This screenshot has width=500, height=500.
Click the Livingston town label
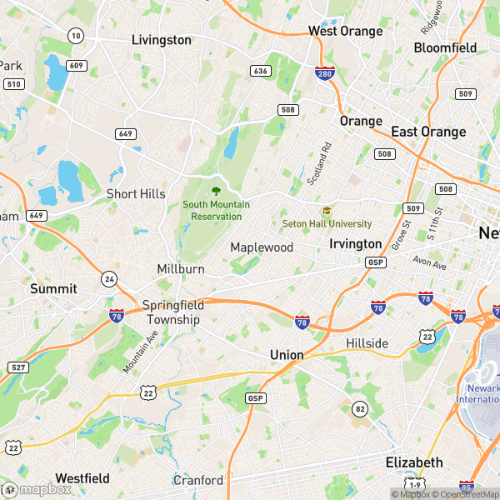[162, 40]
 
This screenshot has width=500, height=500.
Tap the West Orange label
[345, 32]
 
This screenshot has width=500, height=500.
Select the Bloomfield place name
[445, 47]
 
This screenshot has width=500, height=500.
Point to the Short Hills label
[136, 193]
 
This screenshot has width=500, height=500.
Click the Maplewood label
[262, 247]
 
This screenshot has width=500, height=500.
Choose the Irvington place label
[355, 243]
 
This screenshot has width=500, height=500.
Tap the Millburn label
[181, 269]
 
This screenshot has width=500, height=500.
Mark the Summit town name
[53, 288]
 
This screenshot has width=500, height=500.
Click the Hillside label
[367, 343]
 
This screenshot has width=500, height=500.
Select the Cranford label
[198, 480]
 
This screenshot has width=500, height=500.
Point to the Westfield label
[82, 478]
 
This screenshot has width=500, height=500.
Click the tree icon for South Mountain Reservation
[216, 192]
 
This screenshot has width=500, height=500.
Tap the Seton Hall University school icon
[327, 211]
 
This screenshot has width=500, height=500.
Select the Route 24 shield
[109, 277]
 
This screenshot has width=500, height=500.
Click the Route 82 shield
[359, 407]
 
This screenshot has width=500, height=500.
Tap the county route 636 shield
[261, 71]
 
